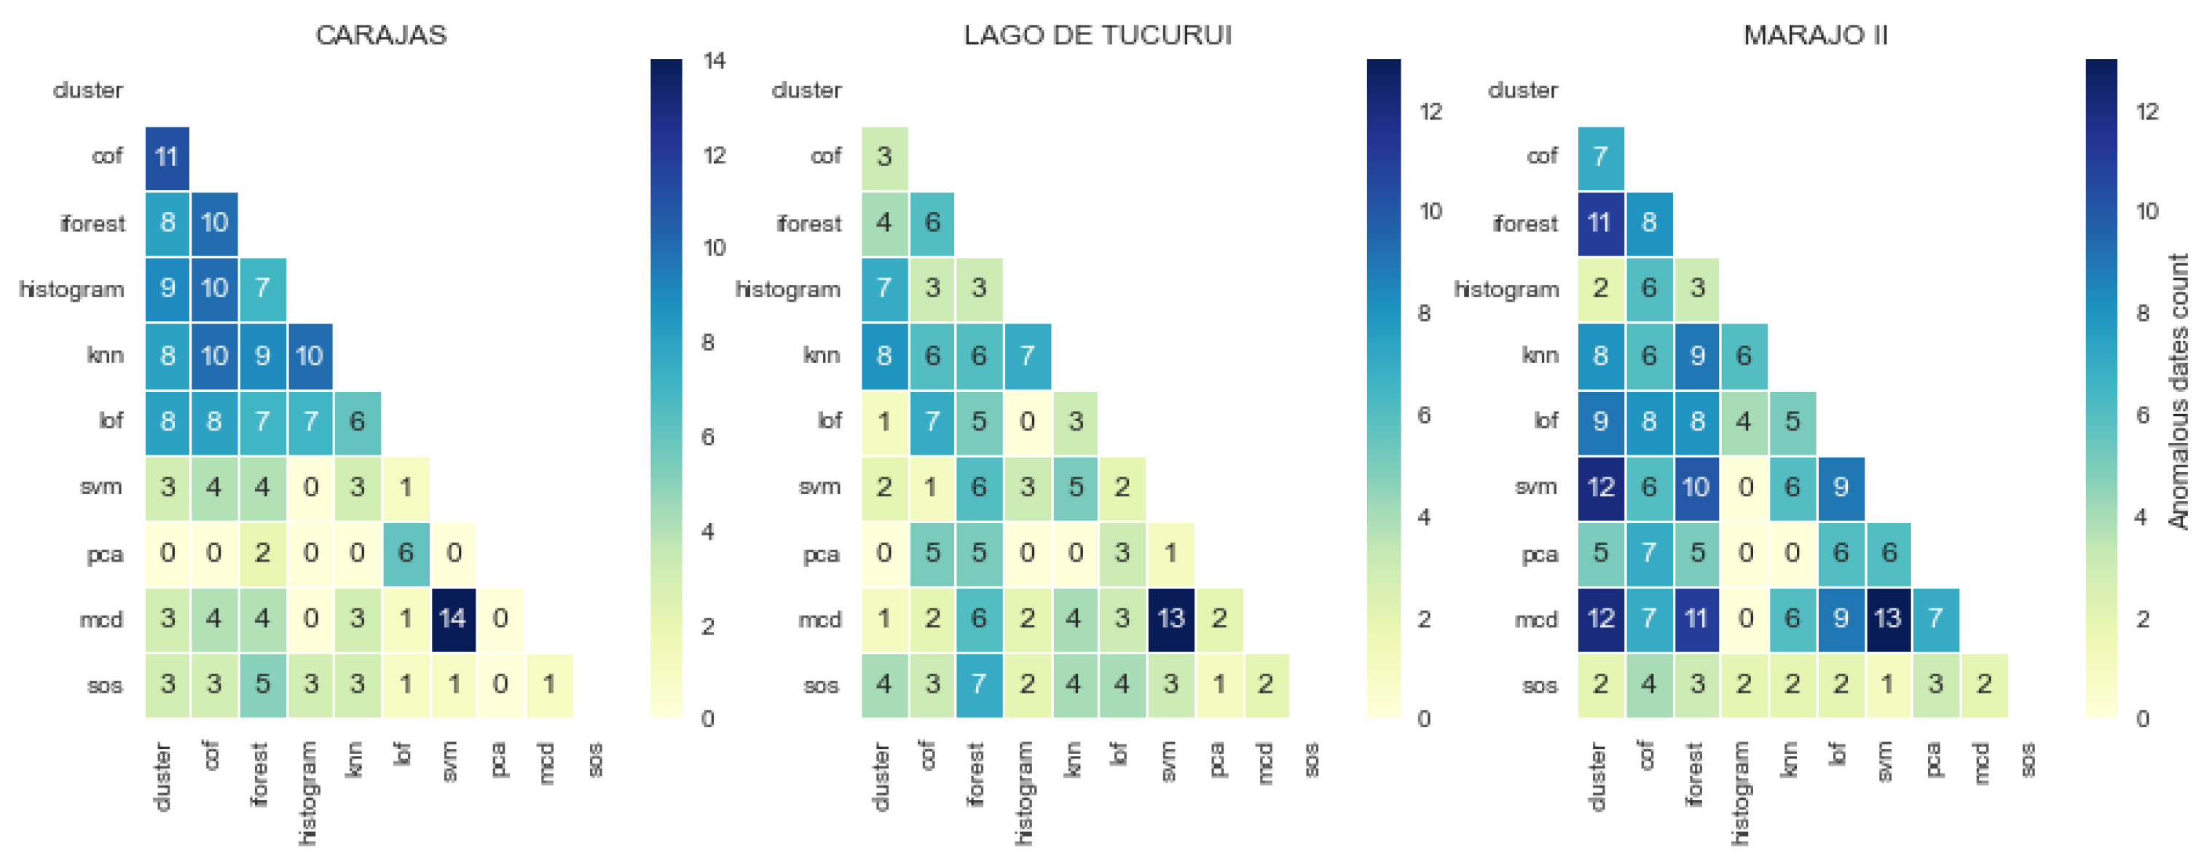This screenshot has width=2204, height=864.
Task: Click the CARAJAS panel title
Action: (x=381, y=35)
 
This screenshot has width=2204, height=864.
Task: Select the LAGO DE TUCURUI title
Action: (x=1097, y=35)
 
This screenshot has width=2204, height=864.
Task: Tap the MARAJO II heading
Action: (x=1815, y=35)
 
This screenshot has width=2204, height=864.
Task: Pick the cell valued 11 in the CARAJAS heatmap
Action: (x=167, y=157)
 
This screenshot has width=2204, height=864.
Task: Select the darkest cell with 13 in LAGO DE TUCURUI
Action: (x=1170, y=618)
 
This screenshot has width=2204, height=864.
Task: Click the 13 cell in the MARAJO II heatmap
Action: (x=1887, y=618)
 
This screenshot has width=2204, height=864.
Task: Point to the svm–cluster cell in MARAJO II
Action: (x=1600, y=487)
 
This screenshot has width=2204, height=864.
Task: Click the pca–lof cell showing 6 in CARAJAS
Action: (x=406, y=553)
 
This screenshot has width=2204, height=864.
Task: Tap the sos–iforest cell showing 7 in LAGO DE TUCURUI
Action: (x=979, y=684)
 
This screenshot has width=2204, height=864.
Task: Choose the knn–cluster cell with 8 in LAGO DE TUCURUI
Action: (x=883, y=355)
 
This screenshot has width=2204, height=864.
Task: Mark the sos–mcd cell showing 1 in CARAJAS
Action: (x=548, y=684)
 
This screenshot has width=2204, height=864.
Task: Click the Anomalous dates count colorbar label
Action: (x=2179, y=391)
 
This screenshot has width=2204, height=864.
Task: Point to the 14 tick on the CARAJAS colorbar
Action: (x=714, y=60)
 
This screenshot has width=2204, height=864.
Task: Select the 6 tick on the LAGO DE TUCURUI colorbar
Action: (x=1424, y=416)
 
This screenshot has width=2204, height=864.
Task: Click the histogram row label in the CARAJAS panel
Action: (x=72, y=289)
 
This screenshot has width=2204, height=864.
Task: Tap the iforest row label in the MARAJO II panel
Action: (x=1524, y=223)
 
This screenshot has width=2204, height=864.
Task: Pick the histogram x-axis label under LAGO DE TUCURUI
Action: (x=1024, y=793)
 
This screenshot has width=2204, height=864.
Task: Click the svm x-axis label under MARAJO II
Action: (x=1886, y=761)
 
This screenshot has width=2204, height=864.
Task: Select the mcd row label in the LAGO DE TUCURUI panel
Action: (x=819, y=618)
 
